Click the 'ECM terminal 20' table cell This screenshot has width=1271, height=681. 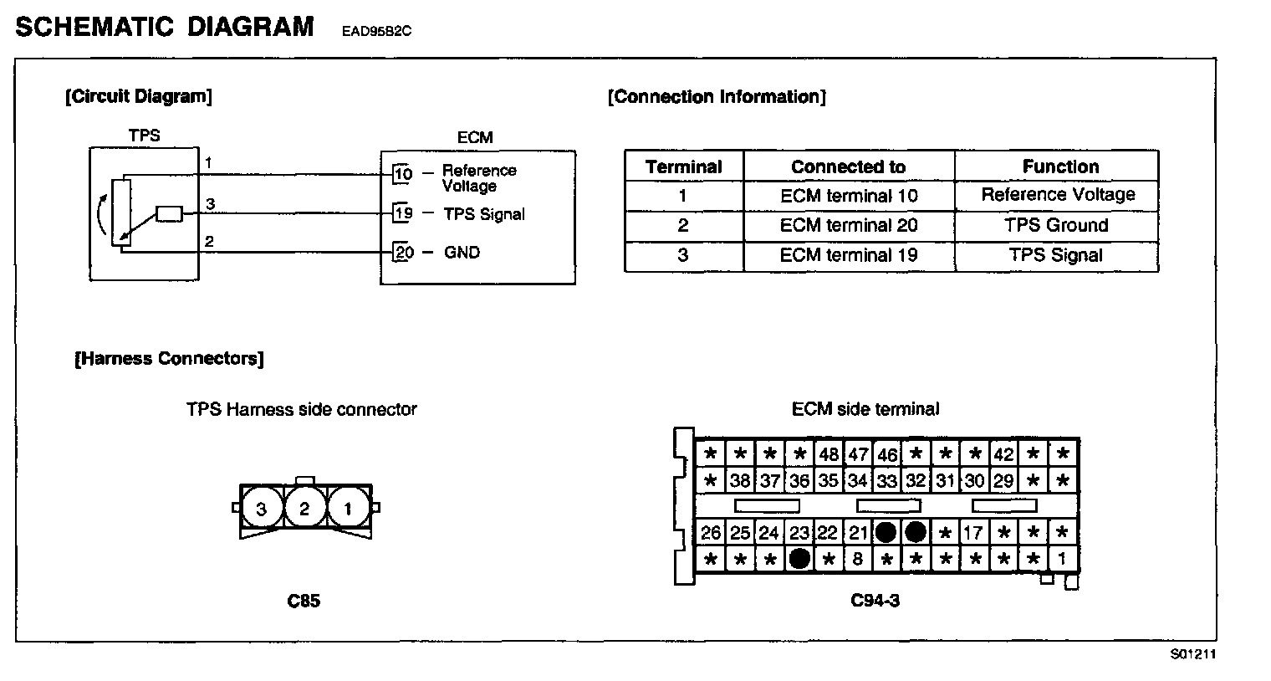pos(848,225)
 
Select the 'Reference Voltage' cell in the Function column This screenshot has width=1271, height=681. pos(1057,195)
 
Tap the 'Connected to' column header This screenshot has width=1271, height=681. pos(848,166)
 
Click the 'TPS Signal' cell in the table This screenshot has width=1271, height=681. pos(1057,255)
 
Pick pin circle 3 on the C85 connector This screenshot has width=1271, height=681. pos(262,508)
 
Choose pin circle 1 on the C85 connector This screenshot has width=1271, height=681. pos(348,508)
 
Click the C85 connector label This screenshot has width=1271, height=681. pos(303,601)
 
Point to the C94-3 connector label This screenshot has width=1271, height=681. pos(875,601)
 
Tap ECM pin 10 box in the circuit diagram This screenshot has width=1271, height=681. pos(403,174)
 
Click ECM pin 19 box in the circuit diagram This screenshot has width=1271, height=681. pos(403,213)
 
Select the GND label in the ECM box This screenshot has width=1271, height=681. pos(462,252)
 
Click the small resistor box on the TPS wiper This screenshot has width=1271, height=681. pos(170,214)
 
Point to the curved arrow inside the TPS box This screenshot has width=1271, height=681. pos(99,216)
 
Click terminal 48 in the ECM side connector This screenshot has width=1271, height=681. pos(828,455)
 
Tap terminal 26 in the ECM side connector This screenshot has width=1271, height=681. pos(711,533)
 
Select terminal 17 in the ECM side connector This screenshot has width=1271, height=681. pos(972,533)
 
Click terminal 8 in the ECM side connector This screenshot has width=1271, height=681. pos(857,558)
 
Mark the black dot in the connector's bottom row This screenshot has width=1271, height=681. pos(799,558)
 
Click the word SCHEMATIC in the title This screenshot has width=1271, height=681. pos(93,27)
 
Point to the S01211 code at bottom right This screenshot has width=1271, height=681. pos(1192,654)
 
